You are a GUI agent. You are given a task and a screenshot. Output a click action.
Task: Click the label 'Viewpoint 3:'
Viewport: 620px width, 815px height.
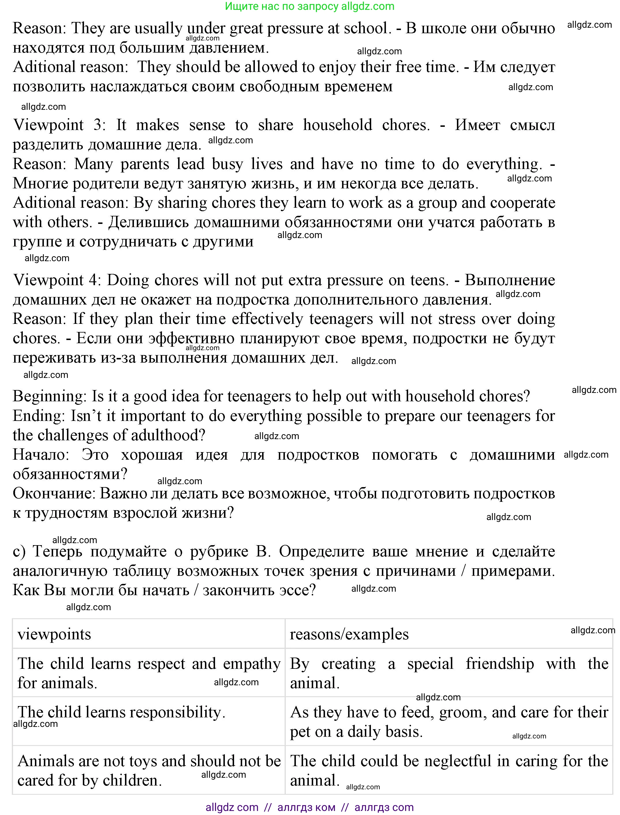[x=59, y=125]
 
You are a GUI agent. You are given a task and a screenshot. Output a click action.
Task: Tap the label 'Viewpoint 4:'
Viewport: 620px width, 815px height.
[x=57, y=280]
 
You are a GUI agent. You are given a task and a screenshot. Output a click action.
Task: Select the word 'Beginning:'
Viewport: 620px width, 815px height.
[x=49, y=397]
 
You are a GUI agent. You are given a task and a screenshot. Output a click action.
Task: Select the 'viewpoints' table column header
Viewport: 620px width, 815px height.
[x=54, y=634]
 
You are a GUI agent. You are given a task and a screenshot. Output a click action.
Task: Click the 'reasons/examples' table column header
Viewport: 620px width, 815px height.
[x=349, y=634]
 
